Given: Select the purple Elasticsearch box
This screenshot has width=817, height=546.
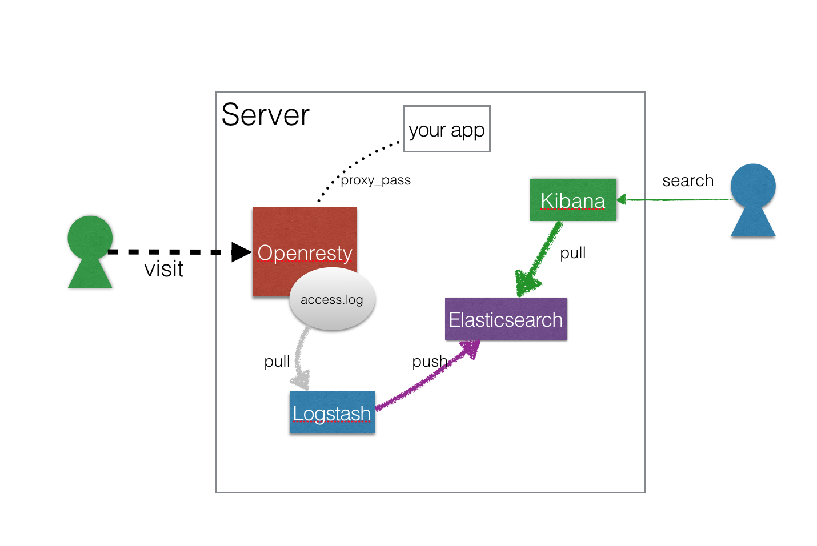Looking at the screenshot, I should pos(506,319).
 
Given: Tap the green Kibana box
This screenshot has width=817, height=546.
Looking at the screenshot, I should pos(572,200).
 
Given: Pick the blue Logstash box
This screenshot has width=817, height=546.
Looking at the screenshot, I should pos(332,412).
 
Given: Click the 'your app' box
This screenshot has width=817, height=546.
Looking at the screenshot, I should pos(447,129).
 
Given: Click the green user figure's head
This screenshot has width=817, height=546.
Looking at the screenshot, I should pos(90,237).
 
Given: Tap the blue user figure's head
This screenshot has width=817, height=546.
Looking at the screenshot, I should pos(753,186).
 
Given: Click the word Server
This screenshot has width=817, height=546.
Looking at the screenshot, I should pos(265,115).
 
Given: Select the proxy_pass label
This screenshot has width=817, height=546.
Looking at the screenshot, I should pos(376,180).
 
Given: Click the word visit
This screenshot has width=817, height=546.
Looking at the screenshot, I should pos(164,269).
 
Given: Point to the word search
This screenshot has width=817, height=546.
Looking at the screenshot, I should pos(688,180).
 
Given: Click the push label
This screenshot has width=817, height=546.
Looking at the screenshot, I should pos(430,362).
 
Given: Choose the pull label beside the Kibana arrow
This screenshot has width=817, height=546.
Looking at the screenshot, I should pos(572,253).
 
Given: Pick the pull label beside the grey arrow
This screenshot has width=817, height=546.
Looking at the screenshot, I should pos(277,362).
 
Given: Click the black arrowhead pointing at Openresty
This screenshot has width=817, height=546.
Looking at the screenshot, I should pos(241,252).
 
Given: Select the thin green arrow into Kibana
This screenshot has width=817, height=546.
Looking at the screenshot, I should pos(674,199).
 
